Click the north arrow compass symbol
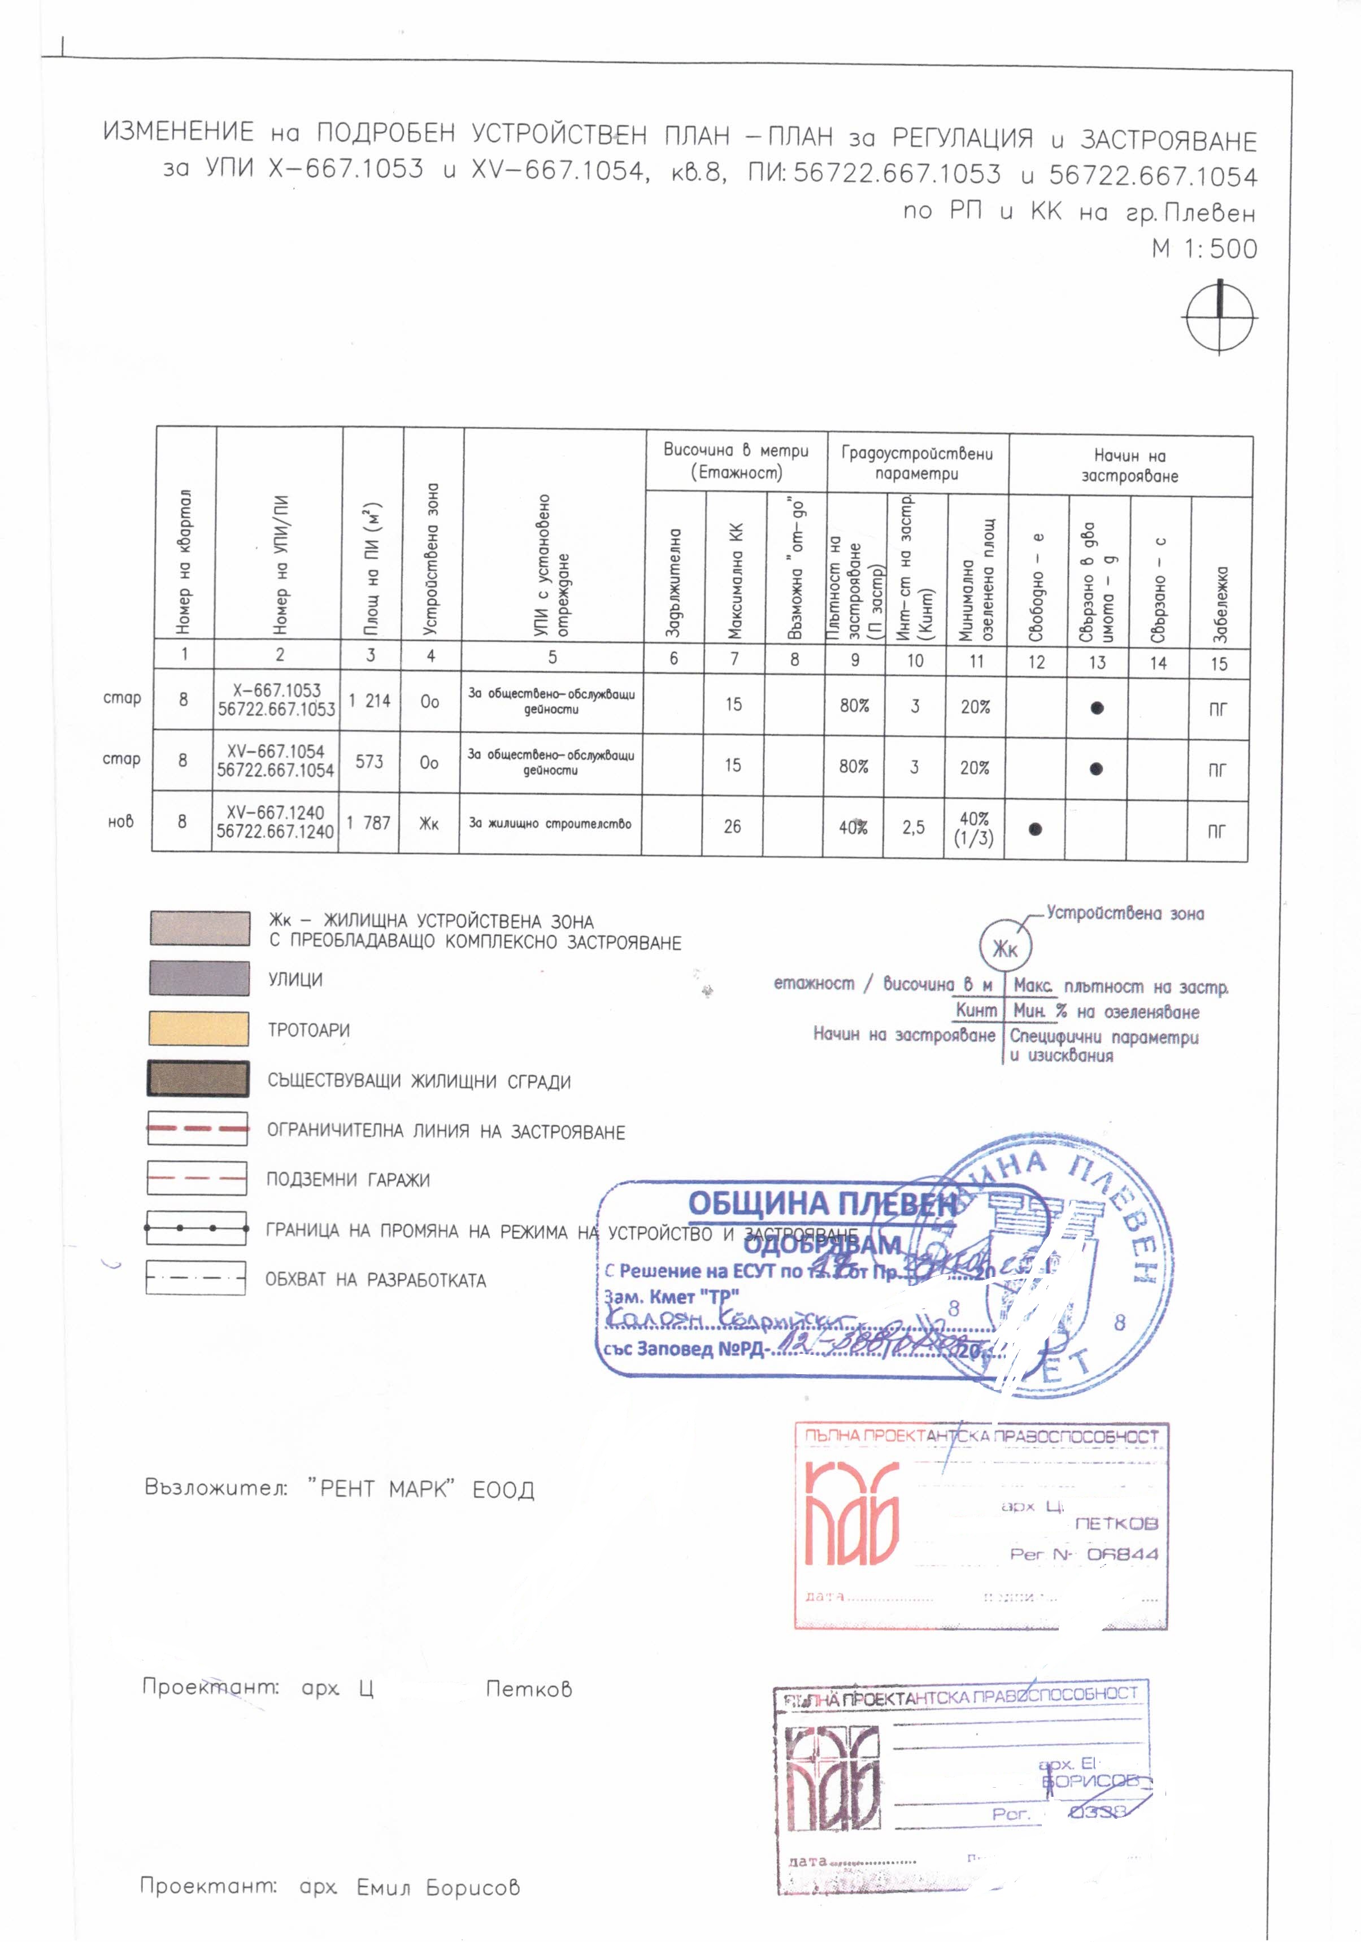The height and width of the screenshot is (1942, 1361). coord(1219,318)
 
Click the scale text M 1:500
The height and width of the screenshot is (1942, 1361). coord(1205,249)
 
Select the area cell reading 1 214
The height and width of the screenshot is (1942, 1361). coord(369,701)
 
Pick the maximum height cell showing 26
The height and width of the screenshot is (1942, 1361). coord(733,826)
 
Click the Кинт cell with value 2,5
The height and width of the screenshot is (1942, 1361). coord(914,827)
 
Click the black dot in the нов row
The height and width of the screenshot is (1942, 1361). coord(1034,829)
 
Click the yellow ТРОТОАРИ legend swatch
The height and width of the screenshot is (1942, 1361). coord(199,1028)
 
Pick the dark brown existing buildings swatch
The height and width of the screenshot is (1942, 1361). coord(199,1079)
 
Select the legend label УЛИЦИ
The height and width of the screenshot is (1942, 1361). coord(295,979)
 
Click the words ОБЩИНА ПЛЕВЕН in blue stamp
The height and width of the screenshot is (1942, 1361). coord(821,1203)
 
